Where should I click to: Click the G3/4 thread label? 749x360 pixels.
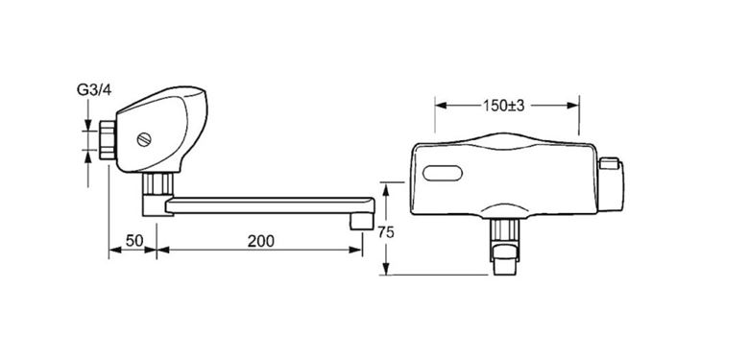point(94,90)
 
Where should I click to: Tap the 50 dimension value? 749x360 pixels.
point(134,241)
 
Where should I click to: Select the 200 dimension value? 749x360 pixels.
point(261,241)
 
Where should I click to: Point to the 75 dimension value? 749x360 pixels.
point(385,232)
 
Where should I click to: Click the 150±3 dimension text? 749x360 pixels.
point(503,106)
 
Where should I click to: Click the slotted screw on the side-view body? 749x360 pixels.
point(144,139)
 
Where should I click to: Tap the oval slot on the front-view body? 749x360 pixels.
point(443,173)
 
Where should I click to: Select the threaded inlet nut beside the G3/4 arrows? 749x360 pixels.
point(108,140)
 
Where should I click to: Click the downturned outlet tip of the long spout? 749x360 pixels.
point(362,221)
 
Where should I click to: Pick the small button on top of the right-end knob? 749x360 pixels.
point(609,164)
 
